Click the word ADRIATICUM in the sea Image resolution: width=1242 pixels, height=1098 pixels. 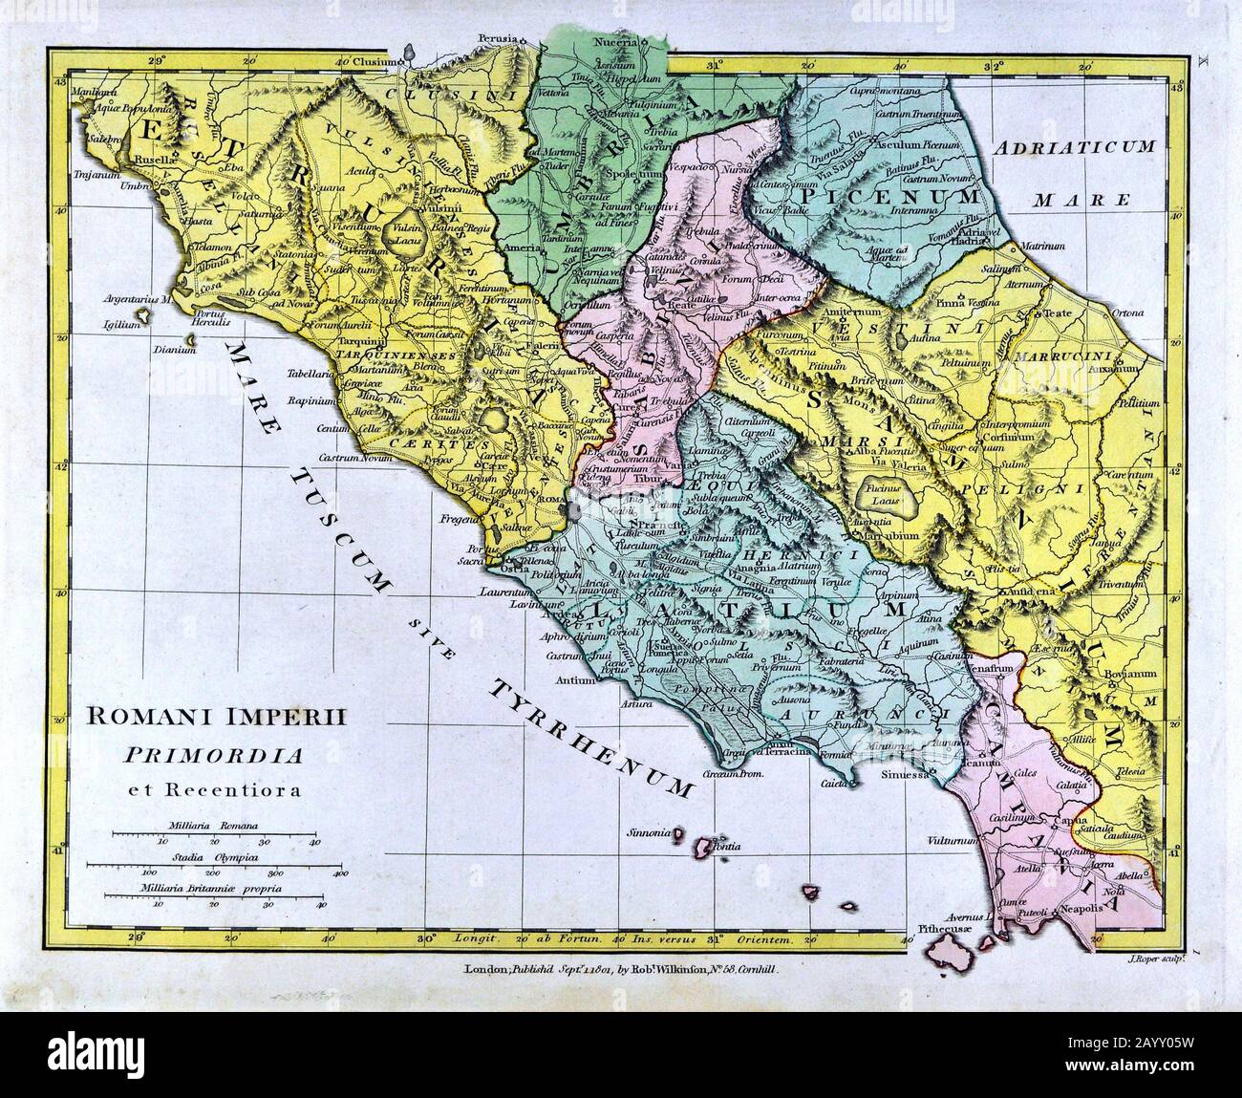[x=1075, y=147]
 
